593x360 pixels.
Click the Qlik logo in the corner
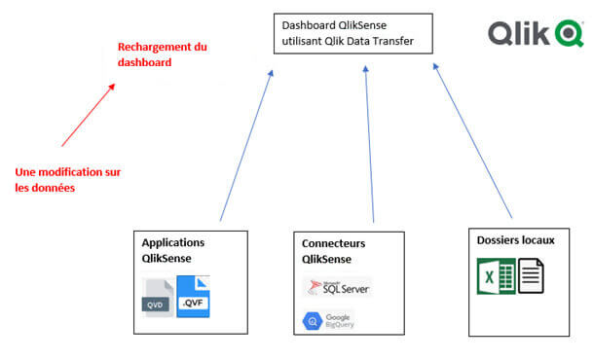click(x=536, y=35)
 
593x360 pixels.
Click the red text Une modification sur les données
click(x=68, y=180)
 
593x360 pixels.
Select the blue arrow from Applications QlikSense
click(x=245, y=146)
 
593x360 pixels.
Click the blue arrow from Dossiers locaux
click(x=471, y=141)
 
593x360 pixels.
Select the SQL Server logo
click(x=338, y=286)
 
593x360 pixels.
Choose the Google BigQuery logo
click(x=328, y=320)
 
